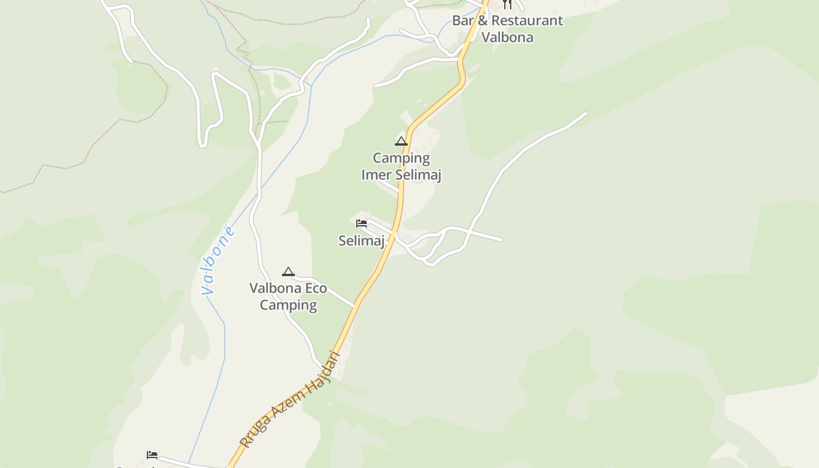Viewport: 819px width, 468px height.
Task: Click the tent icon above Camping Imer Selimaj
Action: click(x=401, y=141)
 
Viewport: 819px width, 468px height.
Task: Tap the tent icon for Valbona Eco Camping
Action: click(x=288, y=271)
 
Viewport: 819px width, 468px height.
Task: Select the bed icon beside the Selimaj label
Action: click(x=362, y=223)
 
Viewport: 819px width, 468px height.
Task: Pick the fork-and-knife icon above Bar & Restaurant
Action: click(x=507, y=4)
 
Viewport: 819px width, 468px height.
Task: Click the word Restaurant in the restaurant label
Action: click(x=528, y=20)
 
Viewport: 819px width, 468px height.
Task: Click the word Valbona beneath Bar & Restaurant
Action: click(x=507, y=37)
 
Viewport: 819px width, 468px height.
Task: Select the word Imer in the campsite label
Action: click(x=377, y=175)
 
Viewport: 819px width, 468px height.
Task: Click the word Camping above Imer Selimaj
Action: click(x=401, y=158)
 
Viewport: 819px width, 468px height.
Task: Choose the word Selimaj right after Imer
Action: click(x=418, y=175)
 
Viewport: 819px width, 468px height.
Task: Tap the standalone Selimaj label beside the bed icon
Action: click(x=362, y=240)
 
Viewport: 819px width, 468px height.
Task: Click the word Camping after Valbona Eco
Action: click(x=288, y=305)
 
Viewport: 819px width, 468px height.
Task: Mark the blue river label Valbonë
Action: click(x=218, y=260)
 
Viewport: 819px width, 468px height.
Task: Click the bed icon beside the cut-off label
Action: click(x=152, y=455)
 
